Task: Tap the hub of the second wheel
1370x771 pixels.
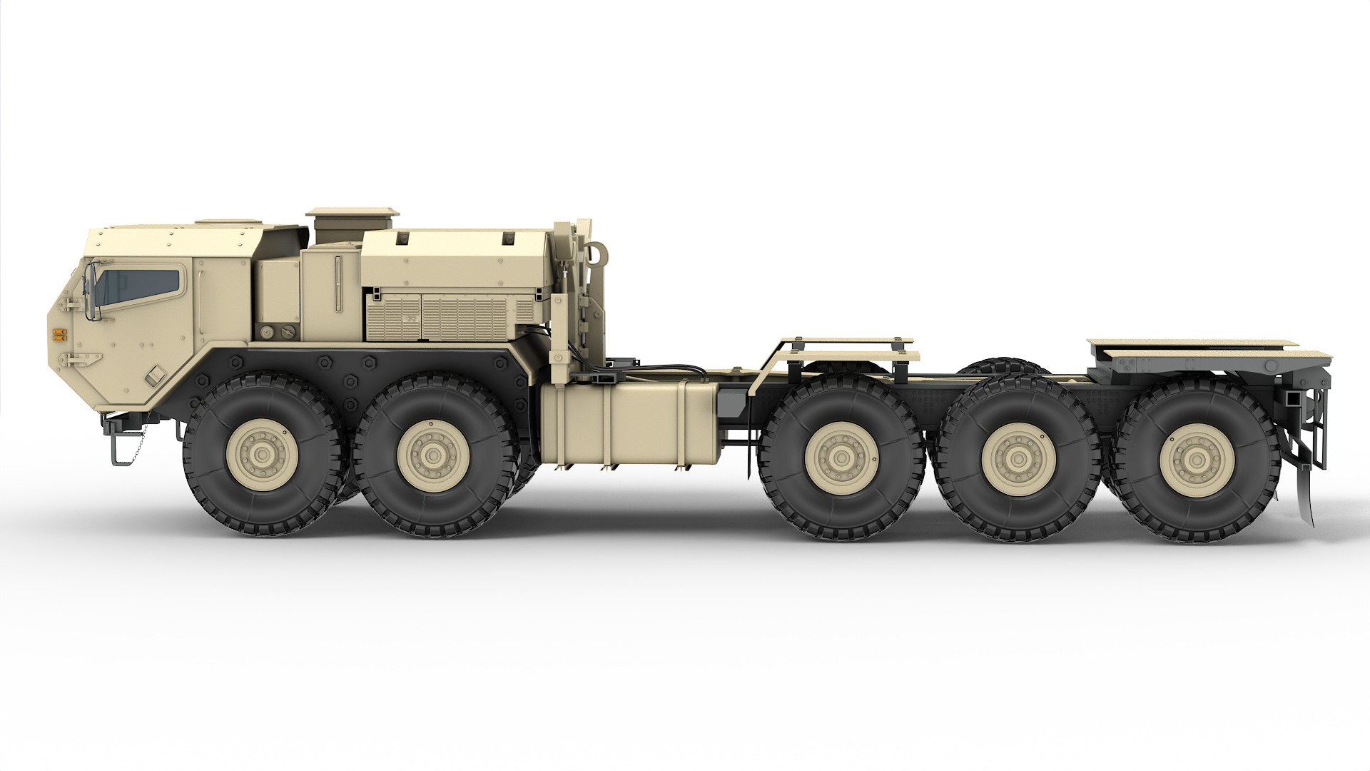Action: coord(431,455)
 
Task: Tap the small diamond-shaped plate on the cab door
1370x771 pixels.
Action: coord(153,373)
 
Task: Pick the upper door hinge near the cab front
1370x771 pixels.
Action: coord(70,305)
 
